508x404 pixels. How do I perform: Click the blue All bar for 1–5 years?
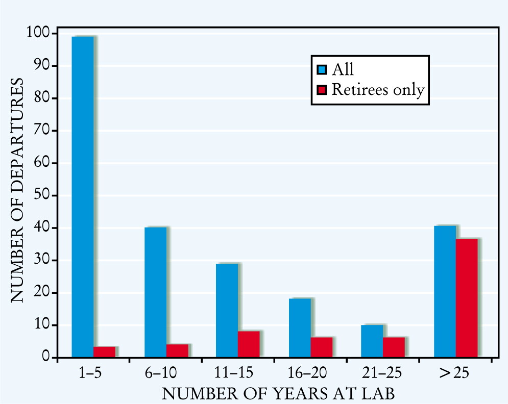(83, 197)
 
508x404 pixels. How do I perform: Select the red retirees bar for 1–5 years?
(104, 352)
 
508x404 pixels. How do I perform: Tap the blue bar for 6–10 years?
(156, 292)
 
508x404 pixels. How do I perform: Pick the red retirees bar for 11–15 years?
(249, 344)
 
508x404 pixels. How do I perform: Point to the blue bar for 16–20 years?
(300, 328)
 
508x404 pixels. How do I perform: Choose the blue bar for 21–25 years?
(372, 341)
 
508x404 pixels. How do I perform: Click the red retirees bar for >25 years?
(467, 298)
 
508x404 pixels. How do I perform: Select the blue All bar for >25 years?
(445, 292)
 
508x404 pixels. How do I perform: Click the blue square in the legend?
(322, 70)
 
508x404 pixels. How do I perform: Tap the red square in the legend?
(322, 90)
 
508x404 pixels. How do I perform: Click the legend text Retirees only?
(378, 90)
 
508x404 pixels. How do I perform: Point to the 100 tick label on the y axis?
(38, 33)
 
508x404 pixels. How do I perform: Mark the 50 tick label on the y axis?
(42, 195)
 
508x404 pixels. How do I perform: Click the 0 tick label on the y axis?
(45, 357)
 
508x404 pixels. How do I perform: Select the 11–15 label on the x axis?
(234, 373)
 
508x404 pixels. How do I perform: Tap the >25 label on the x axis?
(454, 373)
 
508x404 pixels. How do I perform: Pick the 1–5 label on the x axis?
(90, 373)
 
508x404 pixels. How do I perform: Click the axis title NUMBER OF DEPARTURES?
(17, 190)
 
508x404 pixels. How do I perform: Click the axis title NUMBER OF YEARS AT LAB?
(278, 394)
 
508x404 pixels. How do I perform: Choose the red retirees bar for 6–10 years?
(178, 351)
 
